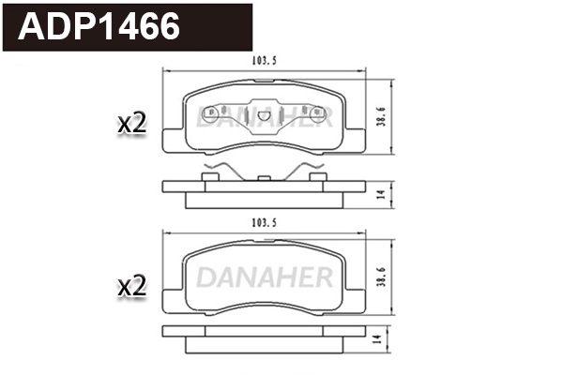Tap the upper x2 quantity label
point(132,123)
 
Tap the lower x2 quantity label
point(132,286)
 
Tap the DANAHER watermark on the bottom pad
point(265,277)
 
